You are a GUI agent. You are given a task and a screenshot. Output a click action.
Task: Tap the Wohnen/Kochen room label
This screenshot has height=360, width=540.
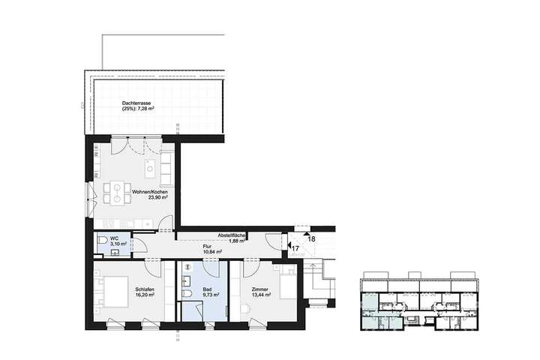point(149,192)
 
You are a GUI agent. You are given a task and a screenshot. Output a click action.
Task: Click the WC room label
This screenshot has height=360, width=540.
point(114,238)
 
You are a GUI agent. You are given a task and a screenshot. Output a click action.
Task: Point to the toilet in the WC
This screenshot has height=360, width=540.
point(101,241)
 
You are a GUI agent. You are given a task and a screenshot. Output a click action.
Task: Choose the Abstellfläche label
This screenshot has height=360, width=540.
point(232,235)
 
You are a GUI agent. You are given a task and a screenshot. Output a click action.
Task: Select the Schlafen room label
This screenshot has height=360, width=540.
point(145,289)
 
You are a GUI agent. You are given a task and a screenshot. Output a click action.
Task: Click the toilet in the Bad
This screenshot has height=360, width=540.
point(190,292)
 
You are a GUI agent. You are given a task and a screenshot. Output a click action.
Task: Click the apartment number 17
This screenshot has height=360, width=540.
point(295,248)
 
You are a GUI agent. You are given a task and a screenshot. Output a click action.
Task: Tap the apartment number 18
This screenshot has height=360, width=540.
point(311,238)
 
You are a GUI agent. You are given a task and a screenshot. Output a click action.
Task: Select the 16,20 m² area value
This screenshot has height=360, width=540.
point(145,295)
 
